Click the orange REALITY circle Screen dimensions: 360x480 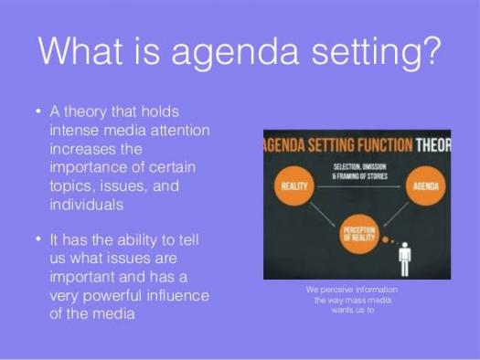[x=295, y=186]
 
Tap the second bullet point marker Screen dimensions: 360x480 [x=37, y=241]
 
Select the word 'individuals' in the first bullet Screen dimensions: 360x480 [x=89, y=204]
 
